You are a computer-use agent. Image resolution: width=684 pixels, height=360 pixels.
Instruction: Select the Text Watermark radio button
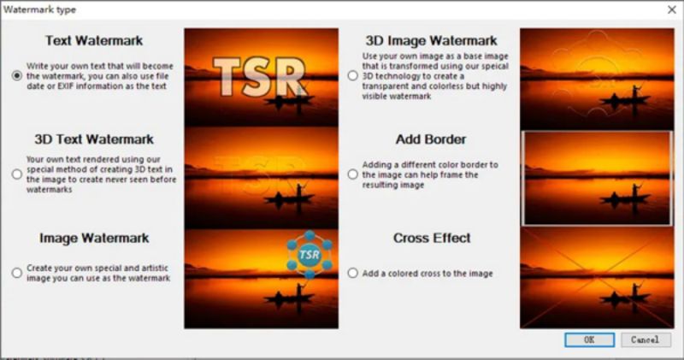pyautogui.click(x=17, y=76)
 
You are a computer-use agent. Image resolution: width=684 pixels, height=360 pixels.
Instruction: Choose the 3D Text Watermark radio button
pyautogui.click(x=17, y=174)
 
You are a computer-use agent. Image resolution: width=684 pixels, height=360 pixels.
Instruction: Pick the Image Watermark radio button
pyautogui.click(x=17, y=273)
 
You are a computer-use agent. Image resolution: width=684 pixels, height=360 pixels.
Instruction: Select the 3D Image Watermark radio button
pyautogui.click(x=352, y=76)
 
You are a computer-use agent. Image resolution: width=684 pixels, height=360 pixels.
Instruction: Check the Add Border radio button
pyautogui.click(x=352, y=174)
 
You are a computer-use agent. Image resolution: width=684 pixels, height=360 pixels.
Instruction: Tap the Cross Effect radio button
pyautogui.click(x=352, y=273)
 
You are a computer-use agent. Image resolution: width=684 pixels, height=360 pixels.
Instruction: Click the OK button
pyautogui.click(x=589, y=339)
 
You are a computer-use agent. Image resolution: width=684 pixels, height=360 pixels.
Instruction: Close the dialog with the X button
pyautogui.click(x=672, y=9)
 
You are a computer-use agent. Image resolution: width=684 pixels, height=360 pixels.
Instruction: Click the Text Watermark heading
pyautogui.click(x=94, y=40)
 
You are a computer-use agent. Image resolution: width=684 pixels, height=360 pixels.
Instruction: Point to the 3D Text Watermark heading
pyautogui.click(x=94, y=139)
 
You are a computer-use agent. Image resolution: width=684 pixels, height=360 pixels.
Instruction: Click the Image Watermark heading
pyautogui.click(x=94, y=238)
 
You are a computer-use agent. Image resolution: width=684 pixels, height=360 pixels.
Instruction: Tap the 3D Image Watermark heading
pyautogui.click(x=431, y=40)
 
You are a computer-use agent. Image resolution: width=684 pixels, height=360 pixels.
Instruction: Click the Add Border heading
pyautogui.click(x=431, y=139)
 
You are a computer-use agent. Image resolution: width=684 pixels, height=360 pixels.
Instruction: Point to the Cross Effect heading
pyautogui.click(x=432, y=238)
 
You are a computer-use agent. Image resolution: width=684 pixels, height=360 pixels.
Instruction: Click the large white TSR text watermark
pyautogui.click(x=259, y=77)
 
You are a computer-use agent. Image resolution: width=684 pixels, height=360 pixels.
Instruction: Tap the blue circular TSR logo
pyautogui.click(x=310, y=255)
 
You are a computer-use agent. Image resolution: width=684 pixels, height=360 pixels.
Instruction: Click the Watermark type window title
pyautogui.click(x=39, y=9)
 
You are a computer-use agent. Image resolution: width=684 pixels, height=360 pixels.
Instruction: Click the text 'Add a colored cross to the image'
pyautogui.click(x=427, y=273)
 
